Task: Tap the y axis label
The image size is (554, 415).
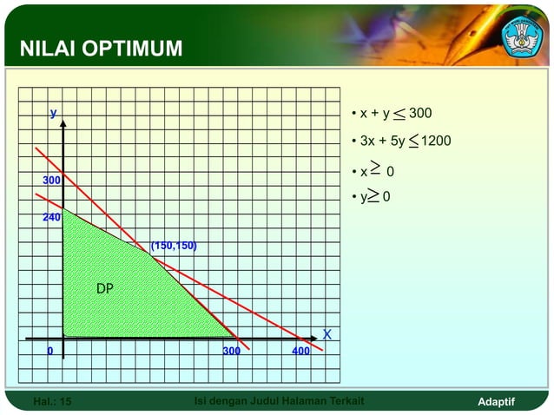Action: point(54,113)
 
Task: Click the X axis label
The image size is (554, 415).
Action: point(327,334)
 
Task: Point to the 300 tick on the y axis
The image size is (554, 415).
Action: point(52,180)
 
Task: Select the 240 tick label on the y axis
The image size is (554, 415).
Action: point(52,218)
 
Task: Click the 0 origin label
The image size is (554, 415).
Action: point(49,352)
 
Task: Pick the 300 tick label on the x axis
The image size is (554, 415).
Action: point(232,352)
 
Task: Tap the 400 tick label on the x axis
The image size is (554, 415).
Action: point(300,352)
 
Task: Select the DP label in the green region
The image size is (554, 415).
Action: point(104,288)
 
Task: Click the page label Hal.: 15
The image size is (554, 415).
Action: point(52,402)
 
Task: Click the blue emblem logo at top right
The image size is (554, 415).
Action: point(521,36)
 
